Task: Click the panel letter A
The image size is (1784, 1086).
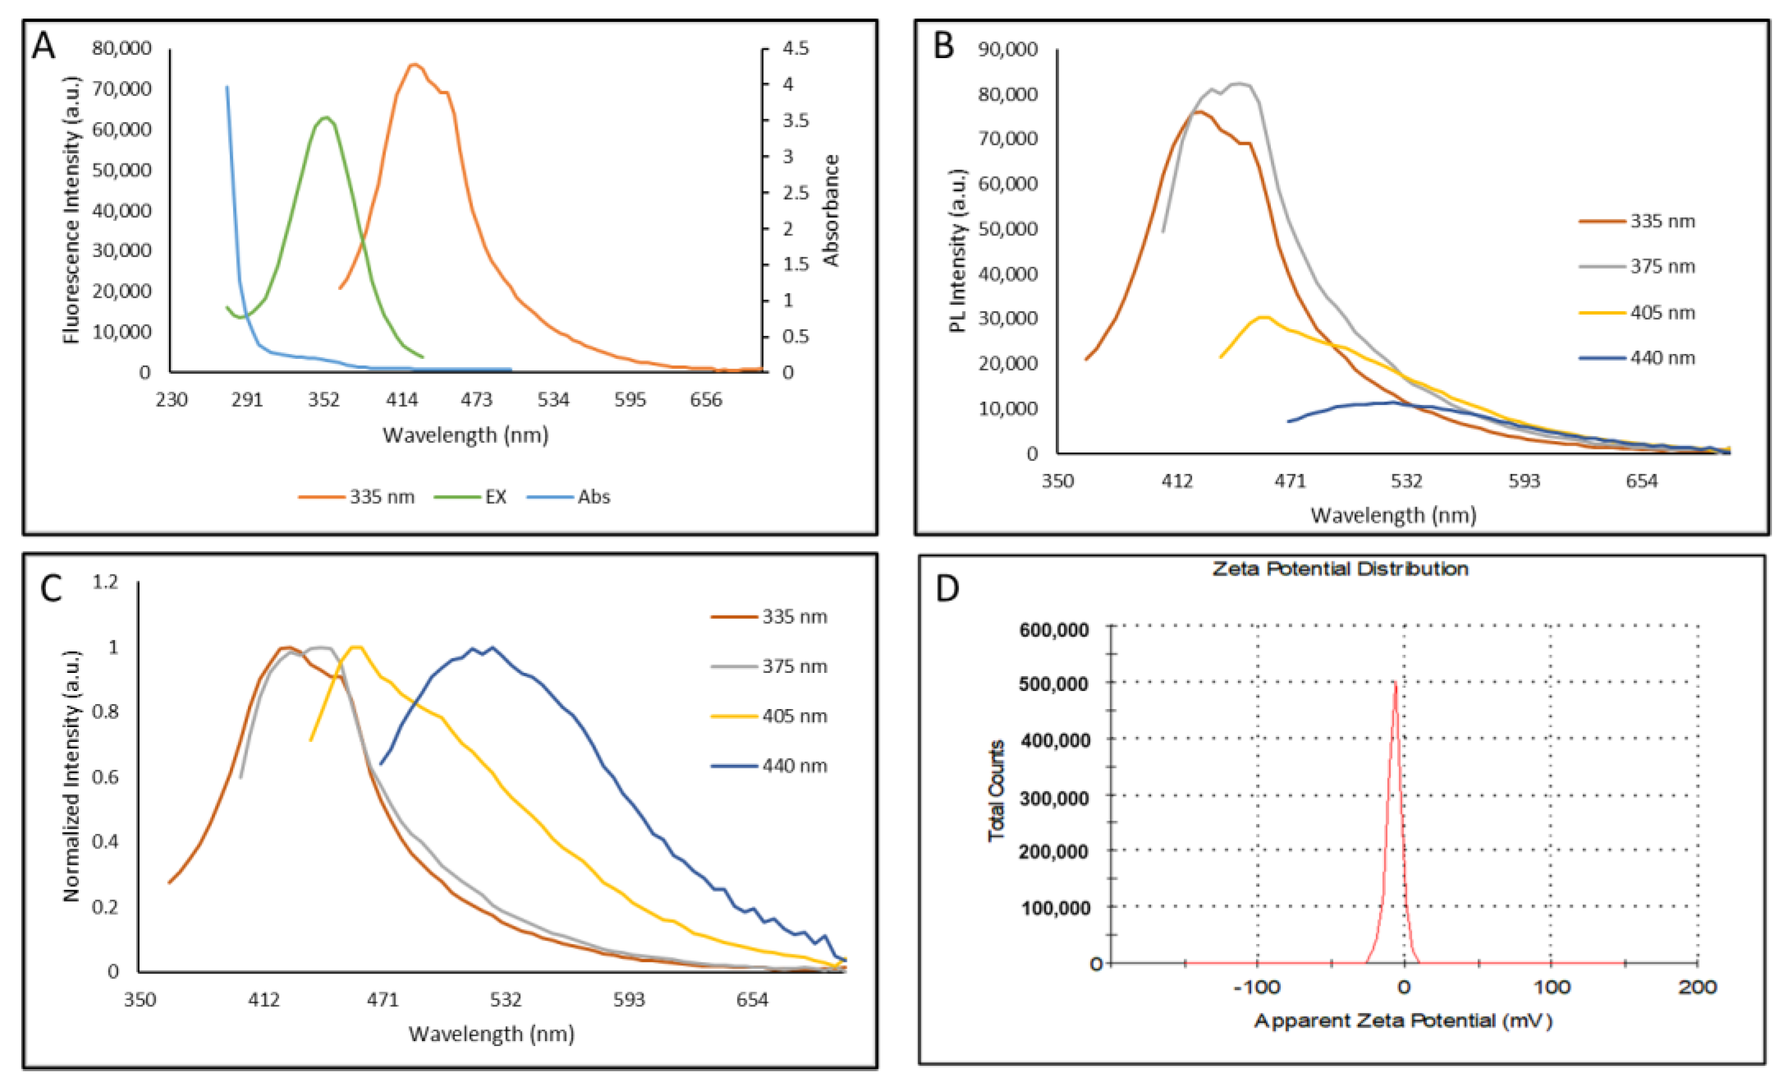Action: point(43,47)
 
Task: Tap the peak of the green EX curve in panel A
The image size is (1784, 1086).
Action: point(327,117)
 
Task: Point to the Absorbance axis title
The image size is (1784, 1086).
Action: point(831,210)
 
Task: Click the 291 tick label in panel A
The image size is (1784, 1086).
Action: point(247,399)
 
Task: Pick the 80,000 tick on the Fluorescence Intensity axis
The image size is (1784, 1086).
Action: point(121,49)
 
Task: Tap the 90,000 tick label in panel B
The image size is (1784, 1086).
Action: point(1007,49)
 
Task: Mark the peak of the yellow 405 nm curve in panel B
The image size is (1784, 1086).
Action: point(1263,317)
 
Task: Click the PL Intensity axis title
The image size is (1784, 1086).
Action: point(957,250)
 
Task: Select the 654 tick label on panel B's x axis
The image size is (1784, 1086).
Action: point(1641,481)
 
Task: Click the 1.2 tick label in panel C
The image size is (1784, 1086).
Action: point(105,582)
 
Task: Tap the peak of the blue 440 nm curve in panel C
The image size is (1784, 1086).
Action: point(492,647)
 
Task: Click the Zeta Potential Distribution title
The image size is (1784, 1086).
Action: point(1340,569)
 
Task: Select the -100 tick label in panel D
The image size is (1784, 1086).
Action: point(1257,988)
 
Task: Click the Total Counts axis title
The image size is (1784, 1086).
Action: point(996,791)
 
